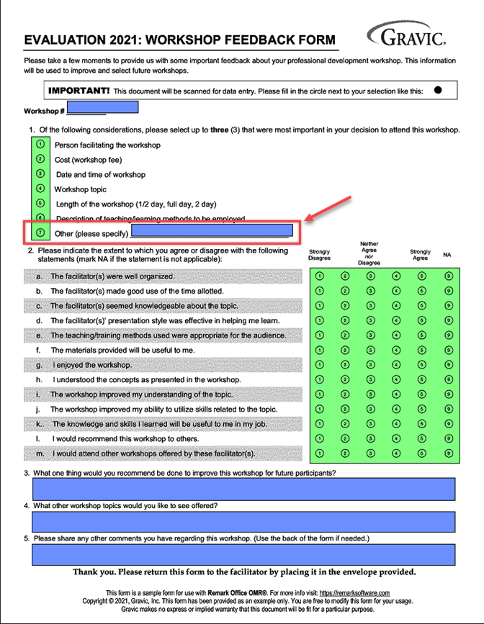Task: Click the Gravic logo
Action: click(407, 35)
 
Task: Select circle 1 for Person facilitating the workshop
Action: click(40, 145)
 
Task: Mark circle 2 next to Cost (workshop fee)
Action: click(40, 159)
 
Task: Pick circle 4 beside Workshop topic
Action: click(40, 189)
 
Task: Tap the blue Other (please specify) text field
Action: click(212, 231)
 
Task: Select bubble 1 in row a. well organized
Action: click(320, 276)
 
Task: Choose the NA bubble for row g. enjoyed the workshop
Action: click(449, 365)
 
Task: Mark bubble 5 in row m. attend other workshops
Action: click(422, 453)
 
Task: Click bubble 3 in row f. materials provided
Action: click(371, 350)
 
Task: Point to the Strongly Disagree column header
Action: click(320, 255)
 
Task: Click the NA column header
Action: click(448, 255)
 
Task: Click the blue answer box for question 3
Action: click(243, 489)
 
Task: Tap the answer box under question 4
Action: click(243, 521)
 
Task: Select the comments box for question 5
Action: click(243, 554)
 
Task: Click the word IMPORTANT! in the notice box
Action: click(79, 91)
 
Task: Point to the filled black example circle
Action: click(438, 91)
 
